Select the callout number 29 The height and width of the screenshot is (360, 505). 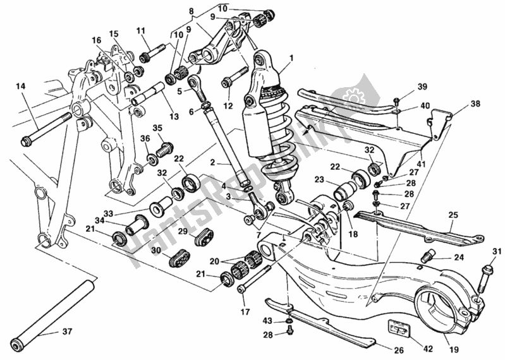[x=181, y=232]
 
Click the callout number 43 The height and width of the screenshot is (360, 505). [x=267, y=321]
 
